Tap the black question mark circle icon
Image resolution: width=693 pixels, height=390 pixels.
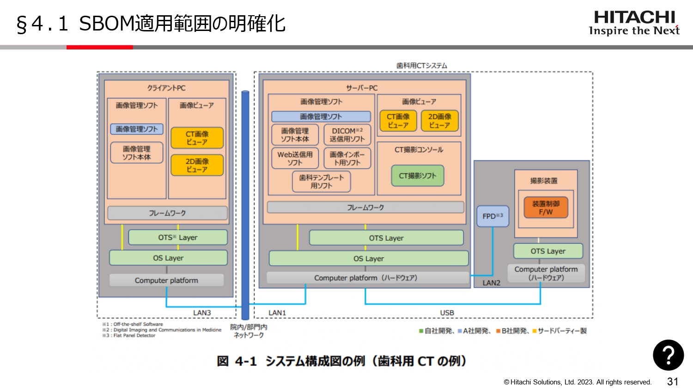pyautogui.click(x=668, y=355)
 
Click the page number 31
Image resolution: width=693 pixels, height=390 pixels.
pyautogui.click(x=672, y=382)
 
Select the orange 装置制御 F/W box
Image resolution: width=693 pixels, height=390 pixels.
pyautogui.click(x=546, y=207)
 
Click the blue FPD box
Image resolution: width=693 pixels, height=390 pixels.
pyautogui.click(x=492, y=216)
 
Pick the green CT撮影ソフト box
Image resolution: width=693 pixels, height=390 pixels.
pyautogui.click(x=418, y=176)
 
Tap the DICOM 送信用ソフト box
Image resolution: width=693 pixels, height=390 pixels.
pyautogui.click(x=347, y=135)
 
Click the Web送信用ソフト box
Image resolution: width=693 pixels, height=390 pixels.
pyautogui.click(x=295, y=158)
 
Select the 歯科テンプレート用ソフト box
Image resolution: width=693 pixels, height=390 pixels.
pyautogui.click(x=321, y=182)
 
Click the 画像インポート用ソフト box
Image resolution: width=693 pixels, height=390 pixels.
pyautogui.click(x=347, y=158)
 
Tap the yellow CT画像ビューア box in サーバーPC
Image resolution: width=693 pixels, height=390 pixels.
pyautogui.click(x=398, y=121)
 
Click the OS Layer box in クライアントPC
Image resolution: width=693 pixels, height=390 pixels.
pyautogui.click(x=168, y=258)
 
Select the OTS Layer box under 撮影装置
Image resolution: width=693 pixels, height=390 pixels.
pyautogui.click(x=548, y=251)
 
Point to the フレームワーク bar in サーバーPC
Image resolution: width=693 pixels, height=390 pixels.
pyautogui.click(x=365, y=207)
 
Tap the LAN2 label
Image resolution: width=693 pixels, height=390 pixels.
pyautogui.click(x=491, y=283)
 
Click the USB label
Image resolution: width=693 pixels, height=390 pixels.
pyautogui.click(x=447, y=313)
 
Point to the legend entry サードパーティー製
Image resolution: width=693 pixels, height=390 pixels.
pyautogui.click(x=561, y=331)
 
